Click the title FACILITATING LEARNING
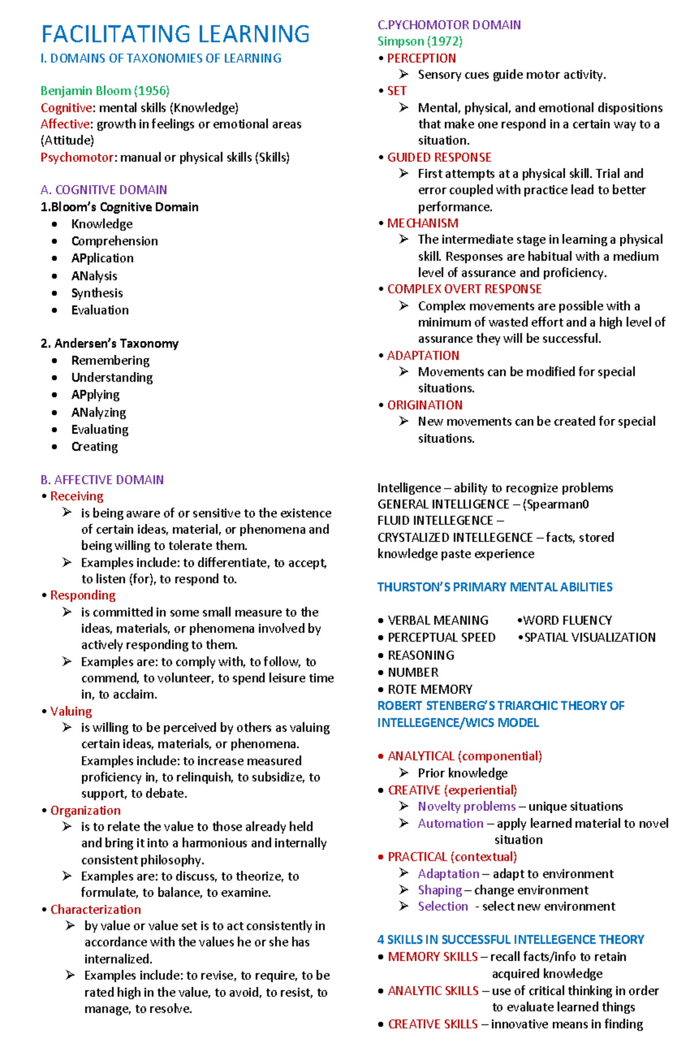(x=175, y=34)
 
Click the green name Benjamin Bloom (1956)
(x=105, y=91)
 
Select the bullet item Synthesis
(x=97, y=293)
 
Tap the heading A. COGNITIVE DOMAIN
(x=103, y=190)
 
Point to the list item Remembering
(x=110, y=360)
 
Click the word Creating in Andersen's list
(x=94, y=447)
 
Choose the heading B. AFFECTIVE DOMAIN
(x=102, y=480)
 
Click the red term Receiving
(x=76, y=496)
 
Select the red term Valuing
(x=71, y=711)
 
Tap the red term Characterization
(x=95, y=909)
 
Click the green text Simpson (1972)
(x=420, y=41)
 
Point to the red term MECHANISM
(x=423, y=223)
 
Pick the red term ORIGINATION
(x=424, y=405)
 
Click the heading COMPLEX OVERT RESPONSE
(x=464, y=289)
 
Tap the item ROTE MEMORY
(x=430, y=689)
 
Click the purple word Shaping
(x=439, y=890)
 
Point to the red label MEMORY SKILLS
(x=432, y=956)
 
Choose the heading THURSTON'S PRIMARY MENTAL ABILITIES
(x=494, y=587)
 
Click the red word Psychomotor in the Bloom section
(x=77, y=158)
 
